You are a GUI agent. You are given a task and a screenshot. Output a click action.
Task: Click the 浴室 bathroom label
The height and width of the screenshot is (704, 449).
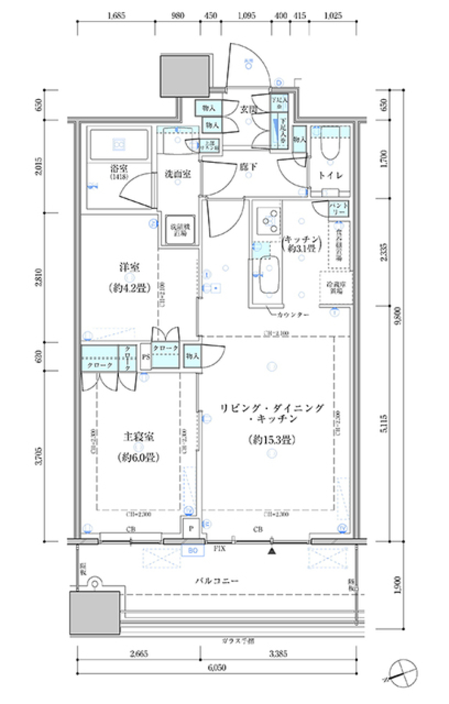pyautogui.click(x=119, y=169)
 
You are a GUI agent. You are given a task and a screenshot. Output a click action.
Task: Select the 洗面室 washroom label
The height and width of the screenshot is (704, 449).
pyautogui.click(x=178, y=174)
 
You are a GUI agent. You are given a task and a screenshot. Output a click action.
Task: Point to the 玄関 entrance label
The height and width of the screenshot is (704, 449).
pyautogui.click(x=248, y=109)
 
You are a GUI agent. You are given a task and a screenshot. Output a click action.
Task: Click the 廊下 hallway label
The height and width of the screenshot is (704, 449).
pyautogui.click(x=248, y=166)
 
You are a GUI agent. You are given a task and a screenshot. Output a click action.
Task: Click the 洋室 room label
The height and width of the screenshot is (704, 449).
pyautogui.click(x=130, y=267)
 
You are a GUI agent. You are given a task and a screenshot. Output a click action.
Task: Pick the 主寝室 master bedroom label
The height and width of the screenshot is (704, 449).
pyautogui.click(x=138, y=437)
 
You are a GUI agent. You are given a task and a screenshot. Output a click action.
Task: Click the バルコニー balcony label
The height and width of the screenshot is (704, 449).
pyautogui.click(x=217, y=581)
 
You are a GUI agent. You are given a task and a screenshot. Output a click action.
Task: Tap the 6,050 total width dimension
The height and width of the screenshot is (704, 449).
pyautogui.click(x=217, y=668)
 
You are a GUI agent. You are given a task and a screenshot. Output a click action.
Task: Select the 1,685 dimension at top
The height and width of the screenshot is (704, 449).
pyautogui.click(x=116, y=15)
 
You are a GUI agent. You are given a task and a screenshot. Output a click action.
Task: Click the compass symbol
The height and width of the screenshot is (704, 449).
pyautogui.click(x=402, y=673)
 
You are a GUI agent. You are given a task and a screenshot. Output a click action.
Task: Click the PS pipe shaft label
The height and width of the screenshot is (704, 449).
pyautogui.click(x=145, y=357)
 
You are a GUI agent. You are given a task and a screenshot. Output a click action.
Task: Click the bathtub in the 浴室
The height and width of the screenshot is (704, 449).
pyautogui.click(x=119, y=145)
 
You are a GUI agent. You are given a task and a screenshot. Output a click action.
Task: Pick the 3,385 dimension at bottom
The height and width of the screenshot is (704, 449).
pyautogui.click(x=278, y=654)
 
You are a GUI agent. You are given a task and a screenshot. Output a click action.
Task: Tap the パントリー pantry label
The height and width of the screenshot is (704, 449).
pyautogui.click(x=338, y=208)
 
